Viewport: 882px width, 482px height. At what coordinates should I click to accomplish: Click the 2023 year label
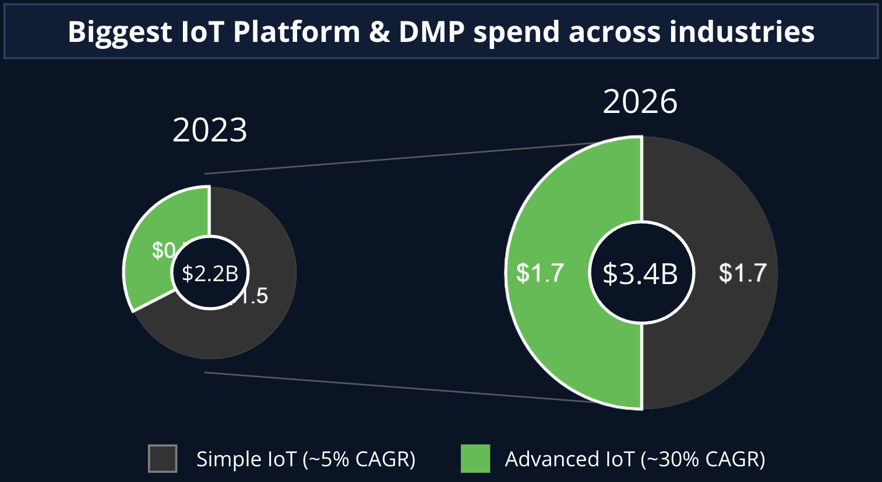[x=210, y=130]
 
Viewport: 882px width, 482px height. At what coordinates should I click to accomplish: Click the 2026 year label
[x=640, y=102]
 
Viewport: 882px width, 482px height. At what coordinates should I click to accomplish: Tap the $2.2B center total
[x=210, y=273]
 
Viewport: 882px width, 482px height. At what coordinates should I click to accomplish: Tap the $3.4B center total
[x=640, y=273]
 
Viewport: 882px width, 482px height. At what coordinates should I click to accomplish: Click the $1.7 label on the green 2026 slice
[x=540, y=273]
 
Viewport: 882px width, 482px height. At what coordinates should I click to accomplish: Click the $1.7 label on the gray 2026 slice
[x=742, y=273]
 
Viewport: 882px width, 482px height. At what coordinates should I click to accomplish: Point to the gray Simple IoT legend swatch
[x=163, y=459]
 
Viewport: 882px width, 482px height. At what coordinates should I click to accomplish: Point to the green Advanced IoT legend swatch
[x=475, y=459]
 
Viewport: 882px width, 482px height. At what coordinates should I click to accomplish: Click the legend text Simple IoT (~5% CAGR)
[x=306, y=459]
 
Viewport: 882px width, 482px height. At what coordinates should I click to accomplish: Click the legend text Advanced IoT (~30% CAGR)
[x=635, y=459]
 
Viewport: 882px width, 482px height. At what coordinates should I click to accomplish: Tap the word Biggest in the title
[x=120, y=32]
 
